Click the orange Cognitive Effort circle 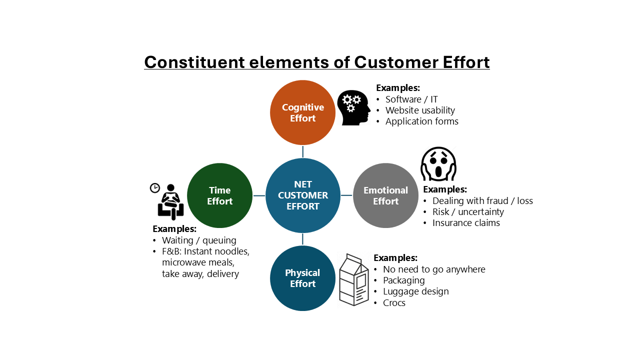(x=302, y=112)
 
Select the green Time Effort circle (x=219, y=195)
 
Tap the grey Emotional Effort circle (x=385, y=195)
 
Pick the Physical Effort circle (x=302, y=278)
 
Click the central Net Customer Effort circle (x=303, y=195)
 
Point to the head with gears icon (x=353, y=107)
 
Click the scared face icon (x=438, y=163)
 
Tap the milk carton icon (x=353, y=279)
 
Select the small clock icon (x=155, y=188)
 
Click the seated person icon (x=170, y=202)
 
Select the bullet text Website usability (x=420, y=110)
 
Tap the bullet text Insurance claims (x=466, y=223)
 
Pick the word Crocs (x=394, y=303)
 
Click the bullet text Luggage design (x=415, y=291)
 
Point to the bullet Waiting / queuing (x=199, y=240)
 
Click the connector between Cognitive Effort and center (x=303, y=151)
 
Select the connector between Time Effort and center (x=259, y=195)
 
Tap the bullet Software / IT (x=411, y=99)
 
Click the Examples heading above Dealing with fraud (x=445, y=189)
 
